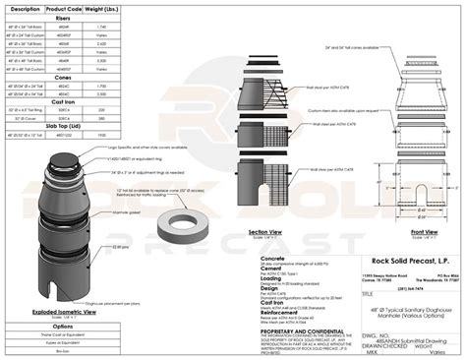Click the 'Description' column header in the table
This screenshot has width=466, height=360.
pyautogui.click(x=26, y=8)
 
